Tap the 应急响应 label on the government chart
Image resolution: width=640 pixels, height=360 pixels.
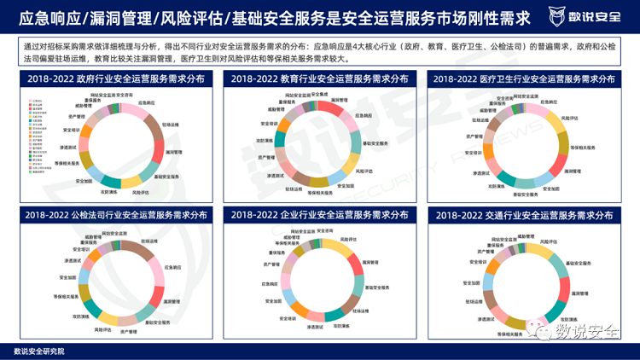[147, 102]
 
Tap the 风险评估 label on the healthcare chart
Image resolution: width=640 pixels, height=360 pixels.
[570, 118]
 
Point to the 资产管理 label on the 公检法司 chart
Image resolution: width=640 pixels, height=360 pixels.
[129, 331]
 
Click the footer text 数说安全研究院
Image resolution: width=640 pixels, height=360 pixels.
[39, 350]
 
